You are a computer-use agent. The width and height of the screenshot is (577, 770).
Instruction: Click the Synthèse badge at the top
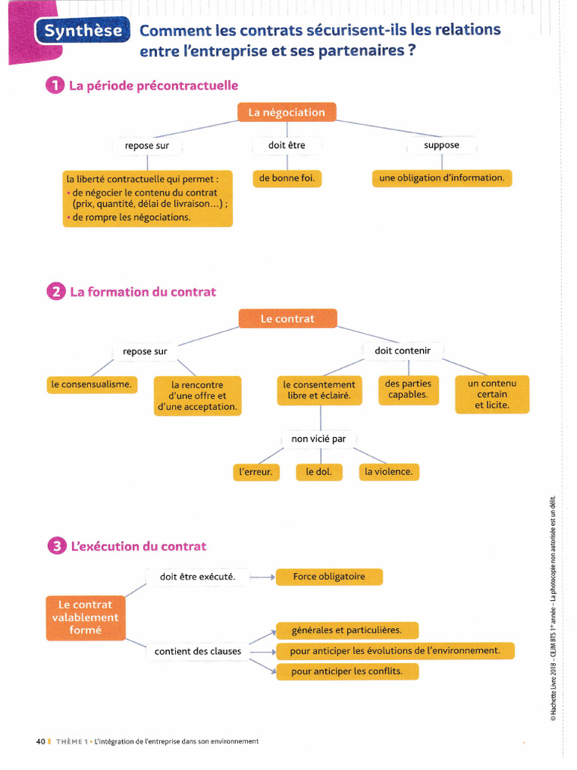82,32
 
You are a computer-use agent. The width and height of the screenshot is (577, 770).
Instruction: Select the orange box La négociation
287,113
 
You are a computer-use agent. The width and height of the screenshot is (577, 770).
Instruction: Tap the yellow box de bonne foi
287,178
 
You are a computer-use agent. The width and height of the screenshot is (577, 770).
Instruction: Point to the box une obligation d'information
442,178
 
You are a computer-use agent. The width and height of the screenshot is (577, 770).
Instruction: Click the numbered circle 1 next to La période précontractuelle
56,86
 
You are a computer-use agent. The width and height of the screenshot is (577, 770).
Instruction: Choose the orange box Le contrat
288,319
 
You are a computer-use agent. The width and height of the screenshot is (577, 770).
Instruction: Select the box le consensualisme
92,384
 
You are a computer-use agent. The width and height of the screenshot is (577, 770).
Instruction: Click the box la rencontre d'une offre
198,396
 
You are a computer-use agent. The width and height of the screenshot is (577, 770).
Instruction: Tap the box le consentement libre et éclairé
319,390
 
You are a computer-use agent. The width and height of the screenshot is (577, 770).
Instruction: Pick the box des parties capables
408,390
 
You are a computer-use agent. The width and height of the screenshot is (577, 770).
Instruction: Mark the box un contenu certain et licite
492,395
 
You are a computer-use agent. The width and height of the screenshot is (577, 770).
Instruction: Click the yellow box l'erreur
255,472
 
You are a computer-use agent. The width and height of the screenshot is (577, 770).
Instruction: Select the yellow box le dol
319,472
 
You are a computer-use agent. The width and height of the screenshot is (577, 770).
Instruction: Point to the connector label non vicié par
319,439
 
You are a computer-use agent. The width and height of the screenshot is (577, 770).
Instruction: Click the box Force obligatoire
329,577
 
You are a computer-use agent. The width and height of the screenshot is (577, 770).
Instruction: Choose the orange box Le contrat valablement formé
85,617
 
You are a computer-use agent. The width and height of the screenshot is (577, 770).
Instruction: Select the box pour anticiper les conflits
346,671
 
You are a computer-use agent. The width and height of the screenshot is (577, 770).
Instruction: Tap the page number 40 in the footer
41,741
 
